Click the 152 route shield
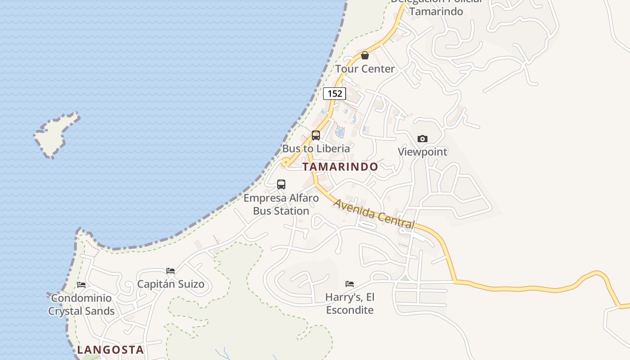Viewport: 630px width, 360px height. tap(334, 94)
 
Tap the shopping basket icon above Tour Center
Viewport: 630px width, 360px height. tap(365, 55)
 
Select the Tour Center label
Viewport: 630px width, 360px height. tap(365, 69)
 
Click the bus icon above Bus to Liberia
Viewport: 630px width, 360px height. tap(316, 135)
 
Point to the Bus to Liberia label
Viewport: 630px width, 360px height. tap(316, 148)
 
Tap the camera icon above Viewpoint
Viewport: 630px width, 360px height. tap(422, 139)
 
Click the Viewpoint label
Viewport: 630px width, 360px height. tap(422, 152)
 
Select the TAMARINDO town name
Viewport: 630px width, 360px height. tap(340, 166)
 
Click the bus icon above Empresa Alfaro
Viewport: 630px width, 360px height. tap(281, 184)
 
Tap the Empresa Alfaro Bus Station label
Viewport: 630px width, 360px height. tap(281, 204)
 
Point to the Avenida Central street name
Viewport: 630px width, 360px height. tap(373, 214)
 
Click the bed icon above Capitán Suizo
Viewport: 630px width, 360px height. tap(171, 271)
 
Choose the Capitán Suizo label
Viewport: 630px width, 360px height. tap(171, 284)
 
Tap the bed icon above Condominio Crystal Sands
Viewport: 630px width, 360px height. tap(81, 285)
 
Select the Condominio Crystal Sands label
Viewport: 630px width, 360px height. tap(81, 304)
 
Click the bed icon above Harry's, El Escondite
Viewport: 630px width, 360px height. tap(350, 284)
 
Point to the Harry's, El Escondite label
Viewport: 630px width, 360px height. tap(350, 303)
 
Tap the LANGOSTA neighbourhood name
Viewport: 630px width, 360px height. tap(110, 350)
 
